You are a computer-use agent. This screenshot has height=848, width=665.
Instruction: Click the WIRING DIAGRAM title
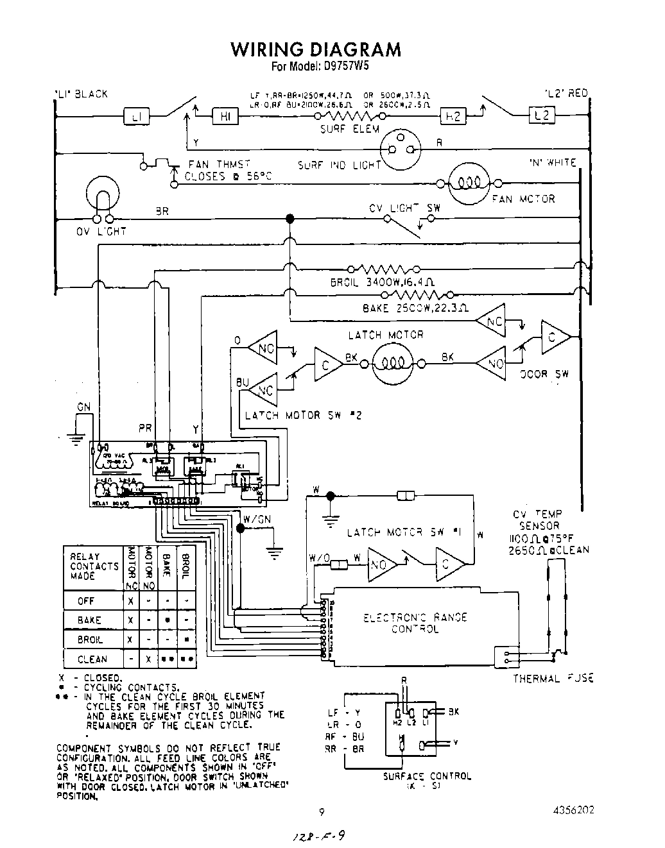(315, 49)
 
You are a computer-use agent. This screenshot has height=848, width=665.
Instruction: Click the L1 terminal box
(136, 117)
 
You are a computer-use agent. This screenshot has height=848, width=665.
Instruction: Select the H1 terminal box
(225, 117)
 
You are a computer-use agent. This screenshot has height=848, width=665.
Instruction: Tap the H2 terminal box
(453, 117)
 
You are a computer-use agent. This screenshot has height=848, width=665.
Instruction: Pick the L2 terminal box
(541, 116)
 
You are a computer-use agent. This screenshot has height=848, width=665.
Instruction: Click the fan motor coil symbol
(469, 183)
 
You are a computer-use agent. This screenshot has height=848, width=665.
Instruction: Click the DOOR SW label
(544, 373)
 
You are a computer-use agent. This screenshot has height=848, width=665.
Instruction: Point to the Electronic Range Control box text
(415, 623)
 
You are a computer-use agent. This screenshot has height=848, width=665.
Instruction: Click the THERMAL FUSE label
(553, 678)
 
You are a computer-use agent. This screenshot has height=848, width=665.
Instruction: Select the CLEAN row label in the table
(92, 659)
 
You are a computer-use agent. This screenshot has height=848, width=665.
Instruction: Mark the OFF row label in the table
(87, 601)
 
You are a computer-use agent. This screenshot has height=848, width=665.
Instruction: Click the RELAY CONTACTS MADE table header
(94, 566)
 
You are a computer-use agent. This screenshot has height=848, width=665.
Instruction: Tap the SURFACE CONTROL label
(427, 776)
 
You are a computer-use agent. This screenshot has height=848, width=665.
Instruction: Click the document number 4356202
(573, 810)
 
